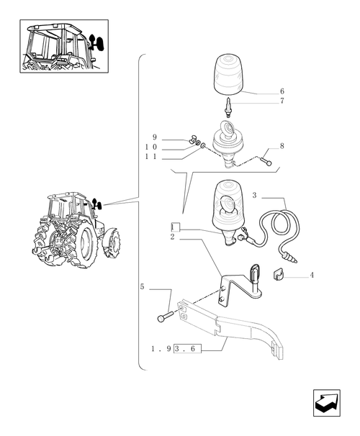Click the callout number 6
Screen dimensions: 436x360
coord(282,91)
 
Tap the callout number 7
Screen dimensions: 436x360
coord(282,101)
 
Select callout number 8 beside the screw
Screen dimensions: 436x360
coord(282,146)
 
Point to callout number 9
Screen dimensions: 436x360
coord(154,137)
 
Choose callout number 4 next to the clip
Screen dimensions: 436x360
coord(311,275)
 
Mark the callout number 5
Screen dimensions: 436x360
coord(142,287)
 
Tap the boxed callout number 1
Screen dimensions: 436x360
coord(174,227)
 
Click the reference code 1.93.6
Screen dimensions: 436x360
coord(176,348)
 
